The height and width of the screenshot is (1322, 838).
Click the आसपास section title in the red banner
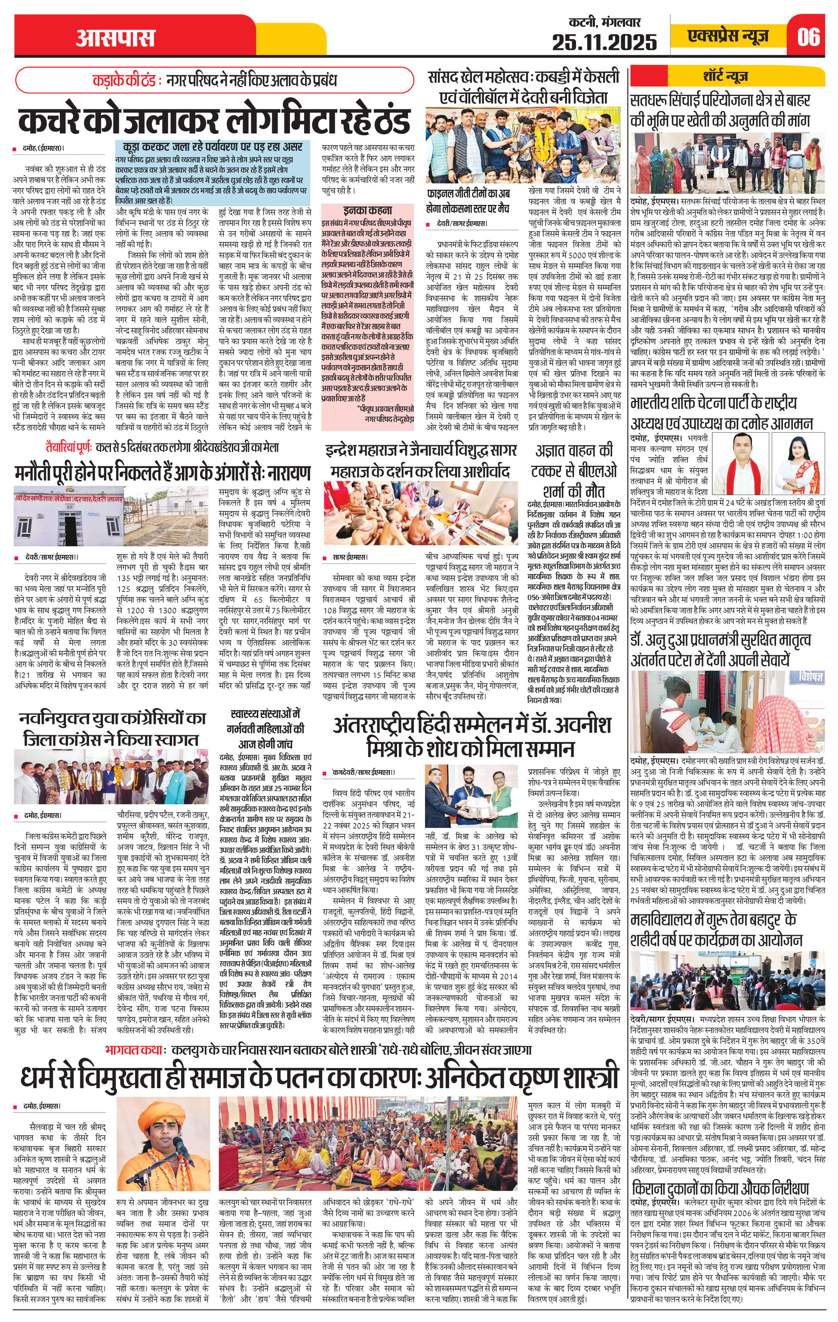tap(115, 38)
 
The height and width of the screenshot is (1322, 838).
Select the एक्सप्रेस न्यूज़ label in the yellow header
tap(728, 36)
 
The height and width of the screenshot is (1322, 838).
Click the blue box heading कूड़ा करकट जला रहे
tap(209, 147)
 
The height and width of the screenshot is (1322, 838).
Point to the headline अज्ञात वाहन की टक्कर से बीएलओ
tap(574, 471)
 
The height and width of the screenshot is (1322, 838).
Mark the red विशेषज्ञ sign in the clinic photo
tap(811, 678)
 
